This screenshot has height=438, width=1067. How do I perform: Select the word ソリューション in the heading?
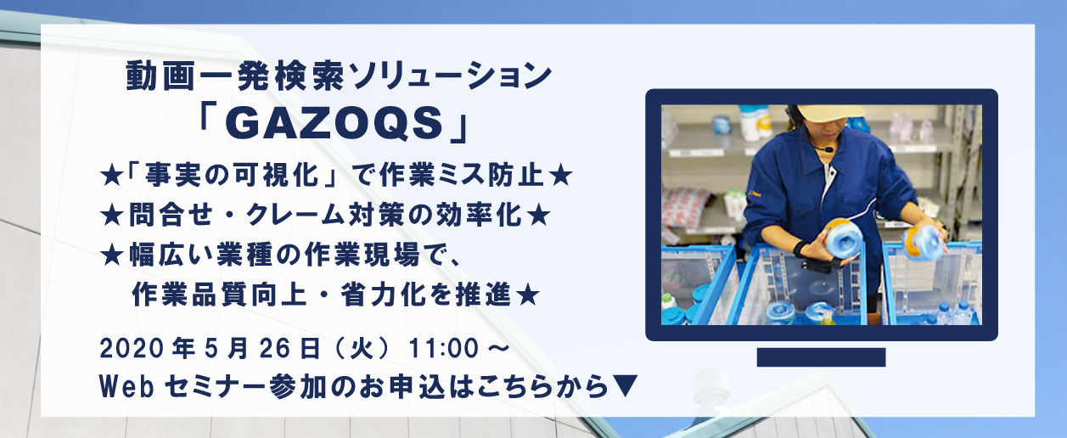click(x=450, y=76)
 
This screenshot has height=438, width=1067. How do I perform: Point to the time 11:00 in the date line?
click(x=443, y=349)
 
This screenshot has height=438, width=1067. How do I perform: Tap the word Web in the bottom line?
click(x=126, y=387)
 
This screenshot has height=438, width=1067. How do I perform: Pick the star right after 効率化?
click(x=539, y=216)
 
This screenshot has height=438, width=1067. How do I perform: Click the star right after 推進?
click(x=527, y=295)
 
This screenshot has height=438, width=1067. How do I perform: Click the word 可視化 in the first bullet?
click(x=276, y=175)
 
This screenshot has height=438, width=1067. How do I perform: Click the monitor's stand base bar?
click(x=821, y=357)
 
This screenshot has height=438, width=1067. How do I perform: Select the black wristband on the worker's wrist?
click(x=801, y=249)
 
